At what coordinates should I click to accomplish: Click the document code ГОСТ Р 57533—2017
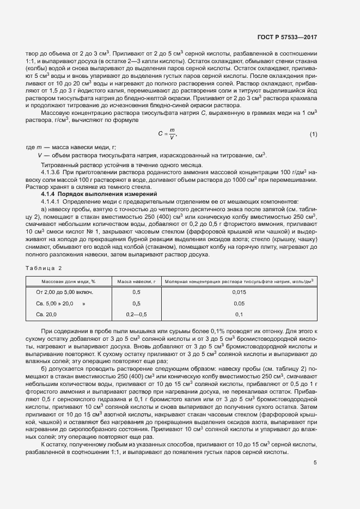(286, 38)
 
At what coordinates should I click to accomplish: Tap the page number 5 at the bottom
(315, 463)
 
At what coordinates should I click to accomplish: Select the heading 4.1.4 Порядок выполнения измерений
(99, 194)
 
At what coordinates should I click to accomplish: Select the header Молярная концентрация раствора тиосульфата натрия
(239, 281)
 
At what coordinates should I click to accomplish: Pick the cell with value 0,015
(239, 292)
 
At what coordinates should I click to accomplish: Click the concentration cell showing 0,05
(239, 303)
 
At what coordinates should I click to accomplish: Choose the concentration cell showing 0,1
(239, 315)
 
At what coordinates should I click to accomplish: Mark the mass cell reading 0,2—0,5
(136, 315)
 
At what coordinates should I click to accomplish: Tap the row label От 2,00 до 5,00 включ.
(64, 292)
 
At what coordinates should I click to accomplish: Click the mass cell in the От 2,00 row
(136, 292)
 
